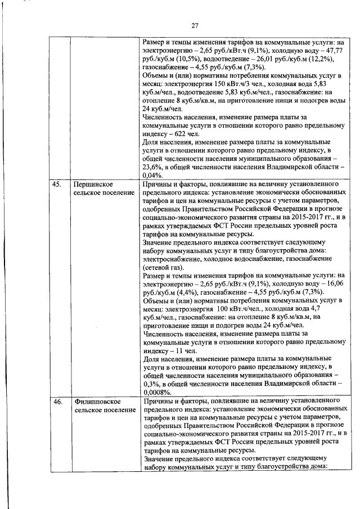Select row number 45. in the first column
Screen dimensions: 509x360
point(57,184)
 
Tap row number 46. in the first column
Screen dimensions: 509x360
point(57,402)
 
